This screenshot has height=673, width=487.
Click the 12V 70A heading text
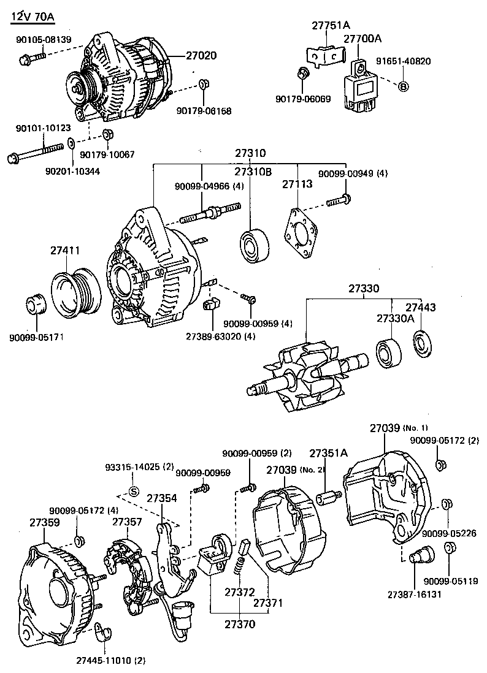pyautogui.click(x=34, y=17)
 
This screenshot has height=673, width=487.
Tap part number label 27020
pyautogui.click(x=201, y=56)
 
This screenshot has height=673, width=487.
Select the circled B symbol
pyautogui.click(x=403, y=86)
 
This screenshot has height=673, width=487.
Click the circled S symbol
pyautogui.click(x=134, y=492)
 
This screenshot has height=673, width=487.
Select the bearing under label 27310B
pyautogui.click(x=255, y=246)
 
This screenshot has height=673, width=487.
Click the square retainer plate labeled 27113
pyautogui.click(x=300, y=233)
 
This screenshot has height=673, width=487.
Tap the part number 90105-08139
pyautogui.click(x=44, y=40)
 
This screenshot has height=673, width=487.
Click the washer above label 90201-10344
pyautogui.click(x=71, y=142)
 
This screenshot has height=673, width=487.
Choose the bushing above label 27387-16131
pyautogui.click(x=420, y=556)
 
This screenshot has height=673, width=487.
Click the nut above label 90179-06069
pyautogui.click(x=303, y=73)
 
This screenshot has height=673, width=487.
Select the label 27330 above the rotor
pyautogui.click(x=364, y=288)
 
